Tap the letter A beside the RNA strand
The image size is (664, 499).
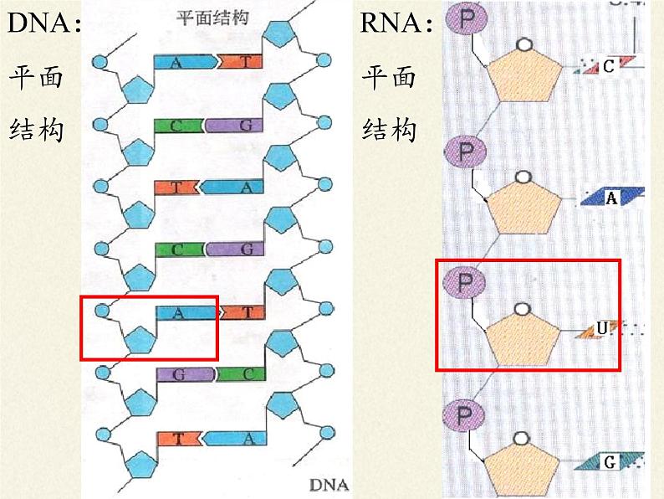click(611, 198)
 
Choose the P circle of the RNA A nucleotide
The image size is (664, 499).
click(461, 152)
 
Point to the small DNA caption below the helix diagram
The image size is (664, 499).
click(328, 484)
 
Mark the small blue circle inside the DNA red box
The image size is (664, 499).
click(101, 311)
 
